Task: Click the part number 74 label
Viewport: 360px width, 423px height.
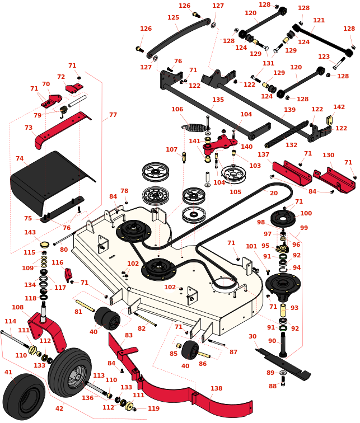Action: (x=20, y=159)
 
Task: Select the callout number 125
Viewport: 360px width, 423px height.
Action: (x=173, y=18)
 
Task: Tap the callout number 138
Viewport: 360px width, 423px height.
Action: (x=216, y=388)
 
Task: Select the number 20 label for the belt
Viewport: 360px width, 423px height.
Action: (x=274, y=193)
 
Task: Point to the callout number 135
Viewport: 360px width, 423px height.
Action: (x=218, y=100)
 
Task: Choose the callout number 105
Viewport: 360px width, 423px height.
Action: (x=236, y=192)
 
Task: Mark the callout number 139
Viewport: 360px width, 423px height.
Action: (x=289, y=110)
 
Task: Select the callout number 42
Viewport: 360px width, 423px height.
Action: (x=59, y=409)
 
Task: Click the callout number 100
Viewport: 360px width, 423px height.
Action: (x=306, y=213)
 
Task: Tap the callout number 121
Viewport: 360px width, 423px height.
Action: (x=319, y=20)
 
